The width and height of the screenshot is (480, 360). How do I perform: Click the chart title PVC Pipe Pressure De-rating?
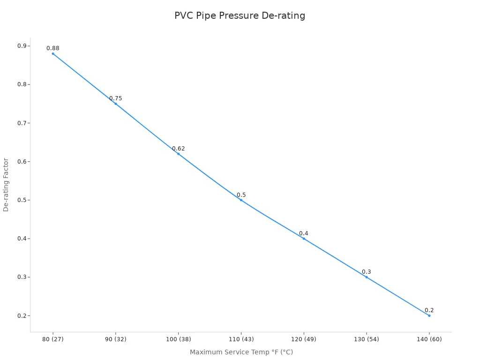click(x=240, y=15)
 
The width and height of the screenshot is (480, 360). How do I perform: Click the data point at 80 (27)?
click(x=53, y=53)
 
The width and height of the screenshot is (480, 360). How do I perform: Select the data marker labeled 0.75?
click(x=116, y=104)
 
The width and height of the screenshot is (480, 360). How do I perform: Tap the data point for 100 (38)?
click(x=179, y=154)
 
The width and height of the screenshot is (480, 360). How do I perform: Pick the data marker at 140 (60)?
click(x=429, y=315)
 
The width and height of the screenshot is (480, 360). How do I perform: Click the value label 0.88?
click(x=53, y=48)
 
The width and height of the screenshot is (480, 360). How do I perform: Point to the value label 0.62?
click(x=179, y=149)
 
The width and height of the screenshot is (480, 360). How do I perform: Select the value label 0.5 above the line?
click(x=241, y=195)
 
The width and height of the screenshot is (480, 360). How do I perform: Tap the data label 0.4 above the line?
click(x=304, y=233)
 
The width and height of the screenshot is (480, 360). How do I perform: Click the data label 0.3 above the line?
click(x=366, y=272)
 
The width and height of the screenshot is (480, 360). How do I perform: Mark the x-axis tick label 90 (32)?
click(x=116, y=339)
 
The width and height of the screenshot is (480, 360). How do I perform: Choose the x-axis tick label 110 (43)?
click(x=241, y=339)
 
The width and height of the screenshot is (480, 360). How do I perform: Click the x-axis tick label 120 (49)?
click(x=304, y=339)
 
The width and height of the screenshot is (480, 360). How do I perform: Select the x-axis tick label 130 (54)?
click(x=366, y=339)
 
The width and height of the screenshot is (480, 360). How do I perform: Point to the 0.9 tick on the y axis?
click(x=22, y=46)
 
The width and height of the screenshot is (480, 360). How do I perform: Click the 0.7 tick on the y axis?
click(x=22, y=123)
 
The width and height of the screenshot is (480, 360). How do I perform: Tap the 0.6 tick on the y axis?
click(x=22, y=161)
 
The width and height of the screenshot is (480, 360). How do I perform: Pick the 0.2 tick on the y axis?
click(x=22, y=315)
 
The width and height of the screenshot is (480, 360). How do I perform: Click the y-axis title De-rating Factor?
click(x=6, y=185)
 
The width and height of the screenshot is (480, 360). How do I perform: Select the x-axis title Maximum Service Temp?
click(x=241, y=352)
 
